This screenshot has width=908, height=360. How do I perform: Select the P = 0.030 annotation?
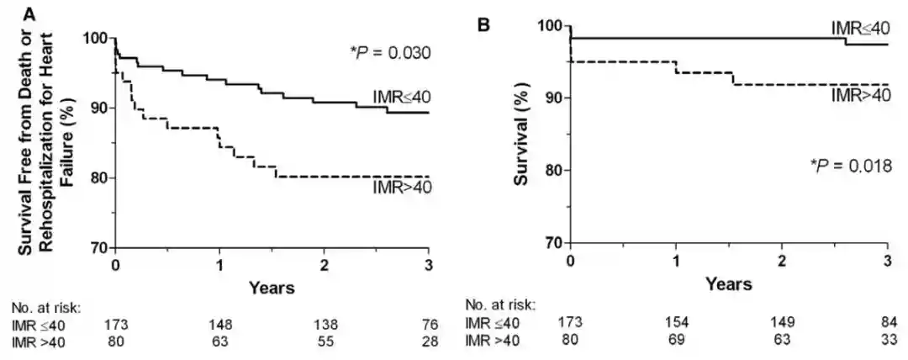coord(390,53)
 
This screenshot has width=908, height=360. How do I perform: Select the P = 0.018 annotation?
coord(849,166)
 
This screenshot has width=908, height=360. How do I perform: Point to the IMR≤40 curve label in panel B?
coord(861,29)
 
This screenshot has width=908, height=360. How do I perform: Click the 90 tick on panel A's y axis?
coord(98,108)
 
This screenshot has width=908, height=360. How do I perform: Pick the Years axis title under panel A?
coord(272,289)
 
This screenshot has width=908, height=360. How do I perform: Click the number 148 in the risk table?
coord(219,324)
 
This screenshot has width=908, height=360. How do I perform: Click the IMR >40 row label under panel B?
coord(493,341)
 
